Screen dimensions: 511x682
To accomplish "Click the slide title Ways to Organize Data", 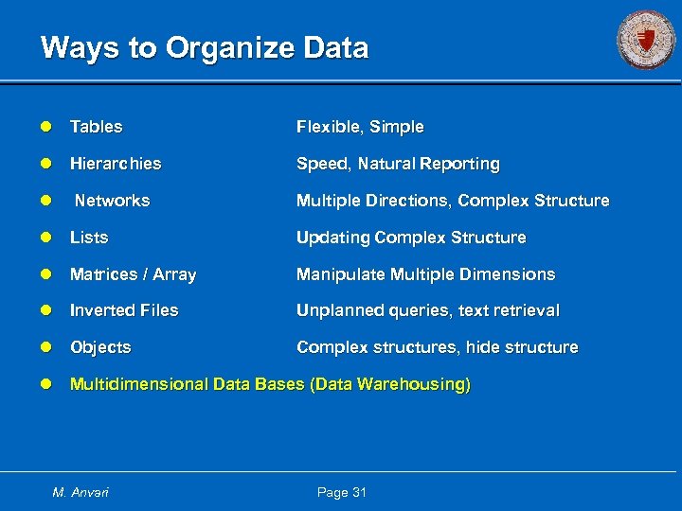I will point(205,48).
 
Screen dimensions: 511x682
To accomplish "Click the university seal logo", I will point(646,41).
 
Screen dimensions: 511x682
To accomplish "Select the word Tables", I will point(97,127).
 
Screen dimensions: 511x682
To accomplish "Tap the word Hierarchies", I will point(116,164).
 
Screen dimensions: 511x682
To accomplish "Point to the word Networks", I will point(112,201).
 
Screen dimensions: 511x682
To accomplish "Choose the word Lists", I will point(89,238).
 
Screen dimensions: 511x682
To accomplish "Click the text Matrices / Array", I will point(133,274).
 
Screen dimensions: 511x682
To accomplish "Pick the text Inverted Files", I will point(124,310).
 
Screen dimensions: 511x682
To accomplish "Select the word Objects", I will point(100,347).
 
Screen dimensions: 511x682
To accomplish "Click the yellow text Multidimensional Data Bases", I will point(270,385).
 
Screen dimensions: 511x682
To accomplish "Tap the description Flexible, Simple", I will point(360,127).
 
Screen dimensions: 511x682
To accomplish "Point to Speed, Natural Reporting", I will point(398,164).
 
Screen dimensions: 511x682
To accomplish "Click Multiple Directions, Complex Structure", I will point(453,201).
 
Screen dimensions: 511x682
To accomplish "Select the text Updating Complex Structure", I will point(411,238).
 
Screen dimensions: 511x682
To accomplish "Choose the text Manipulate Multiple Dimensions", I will point(425,274).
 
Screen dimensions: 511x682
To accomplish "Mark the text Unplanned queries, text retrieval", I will point(428,310).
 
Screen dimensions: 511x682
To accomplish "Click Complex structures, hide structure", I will point(437,347).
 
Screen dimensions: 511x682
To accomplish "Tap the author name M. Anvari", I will point(81,492).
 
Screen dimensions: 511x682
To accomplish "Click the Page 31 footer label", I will point(342,492).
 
